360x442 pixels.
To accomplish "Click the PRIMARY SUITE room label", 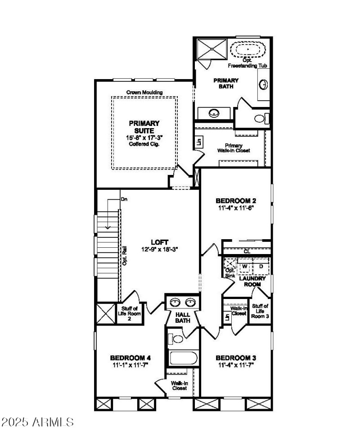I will point(144,126).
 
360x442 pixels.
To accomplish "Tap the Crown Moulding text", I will point(144,93).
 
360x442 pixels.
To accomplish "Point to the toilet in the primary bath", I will point(261,119).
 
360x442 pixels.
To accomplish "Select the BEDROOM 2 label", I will point(236,201).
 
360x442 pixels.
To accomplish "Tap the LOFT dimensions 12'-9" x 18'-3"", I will point(160,249).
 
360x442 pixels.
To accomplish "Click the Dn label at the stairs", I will point(124,199).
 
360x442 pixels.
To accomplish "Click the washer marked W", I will point(245,266).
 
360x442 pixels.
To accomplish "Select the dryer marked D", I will point(261,266).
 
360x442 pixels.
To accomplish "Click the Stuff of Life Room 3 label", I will point(261,311).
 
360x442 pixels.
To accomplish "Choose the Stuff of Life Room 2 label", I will point(129,313).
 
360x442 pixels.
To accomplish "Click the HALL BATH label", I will point(183,317).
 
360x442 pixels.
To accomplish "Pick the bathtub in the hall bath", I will point(183,359).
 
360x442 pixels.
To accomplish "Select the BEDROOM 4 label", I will point(130,358).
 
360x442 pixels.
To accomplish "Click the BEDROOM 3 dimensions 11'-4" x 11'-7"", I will point(235,365).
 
